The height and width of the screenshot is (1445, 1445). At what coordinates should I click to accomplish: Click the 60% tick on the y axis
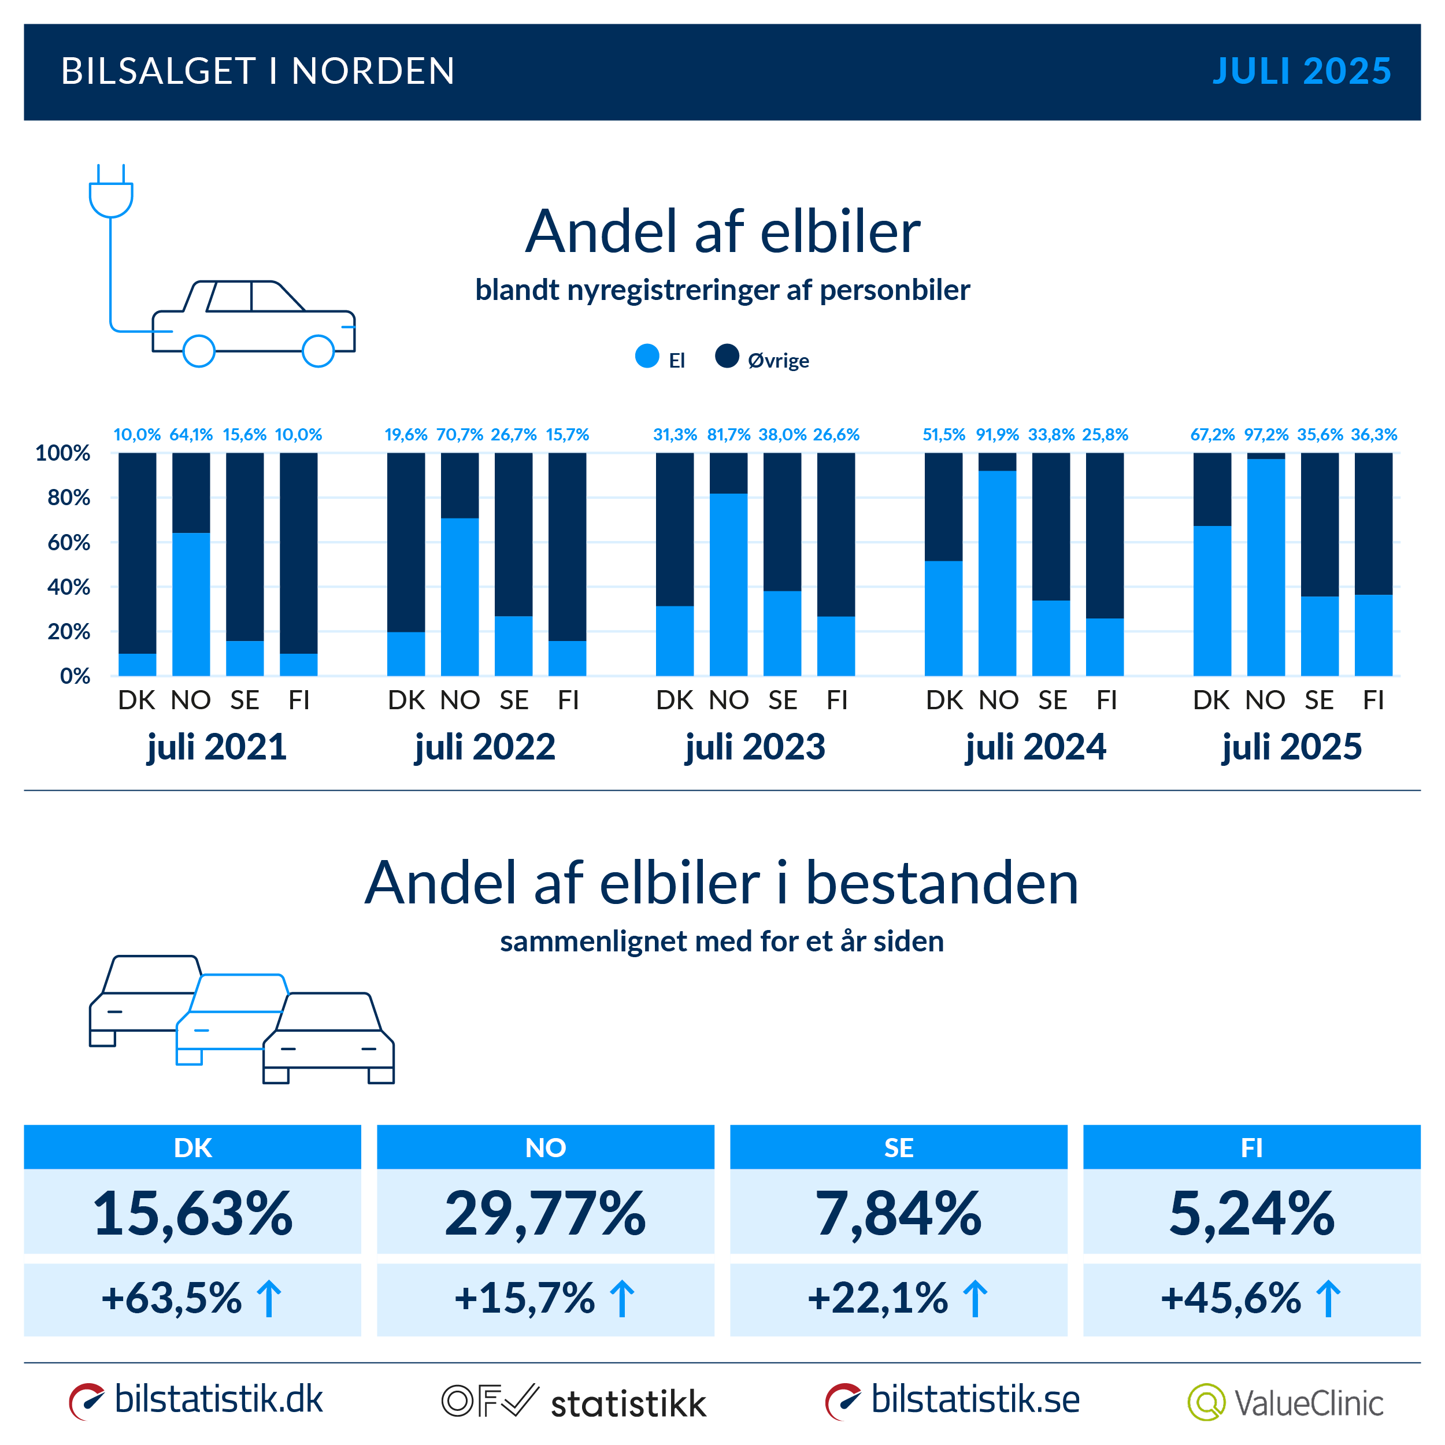click(x=68, y=542)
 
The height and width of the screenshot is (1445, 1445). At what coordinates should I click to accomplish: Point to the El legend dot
click(x=647, y=356)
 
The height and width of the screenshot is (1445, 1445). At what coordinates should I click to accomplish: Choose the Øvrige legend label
click(x=778, y=361)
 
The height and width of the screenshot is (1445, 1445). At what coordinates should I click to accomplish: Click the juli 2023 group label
click(x=755, y=746)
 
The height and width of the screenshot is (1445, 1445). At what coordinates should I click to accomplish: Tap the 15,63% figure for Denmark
click(x=192, y=1213)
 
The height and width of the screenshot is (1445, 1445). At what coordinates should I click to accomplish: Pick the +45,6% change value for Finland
click(x=1231, y=1298)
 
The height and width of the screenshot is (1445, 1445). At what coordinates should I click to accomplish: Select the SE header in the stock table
click(x=898, y=1147)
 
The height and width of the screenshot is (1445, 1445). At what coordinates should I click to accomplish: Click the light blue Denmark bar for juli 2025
click(x=1211, y=601)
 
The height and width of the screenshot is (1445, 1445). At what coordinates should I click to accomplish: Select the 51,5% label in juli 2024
click(x=943, y=435)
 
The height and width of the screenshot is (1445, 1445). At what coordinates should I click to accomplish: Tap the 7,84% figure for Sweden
click(x=898, y=1213)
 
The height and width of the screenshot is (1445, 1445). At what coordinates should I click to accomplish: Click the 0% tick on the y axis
click(x=74, y=676)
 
